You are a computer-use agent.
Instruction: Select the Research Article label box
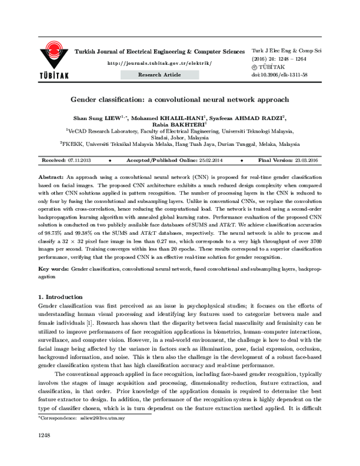pos(159,74)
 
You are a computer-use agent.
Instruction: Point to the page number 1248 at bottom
pos(44,449)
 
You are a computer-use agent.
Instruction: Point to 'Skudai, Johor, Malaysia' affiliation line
pos(180,137)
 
